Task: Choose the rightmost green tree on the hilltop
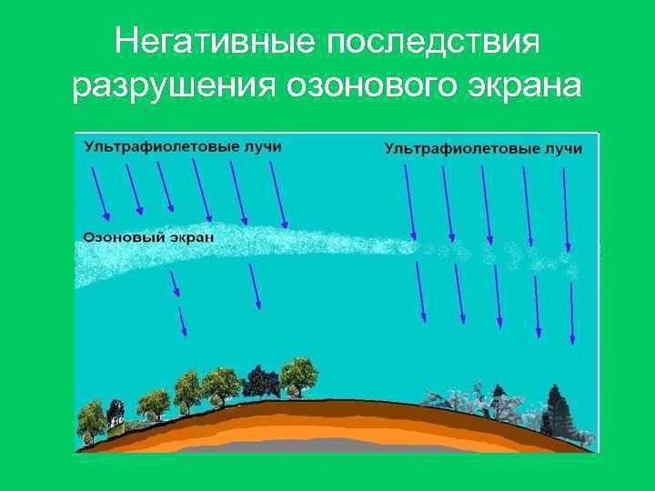click(297, 373)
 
